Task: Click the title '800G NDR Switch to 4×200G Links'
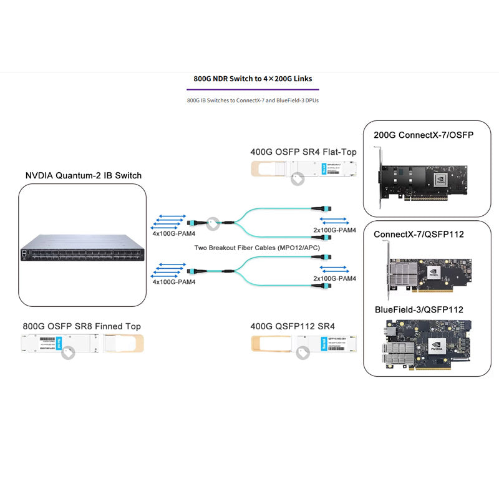(x=253, y=79)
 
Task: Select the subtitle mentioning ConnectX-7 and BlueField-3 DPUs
(x=253, y=100)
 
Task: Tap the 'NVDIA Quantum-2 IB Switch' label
(x=83, y=175)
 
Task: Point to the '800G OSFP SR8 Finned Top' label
(x=82, y=326)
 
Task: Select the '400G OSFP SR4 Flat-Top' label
(x=303, y=152)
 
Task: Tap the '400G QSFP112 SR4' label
(x=293, y=326)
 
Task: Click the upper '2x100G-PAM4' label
(x=334, y=230)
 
